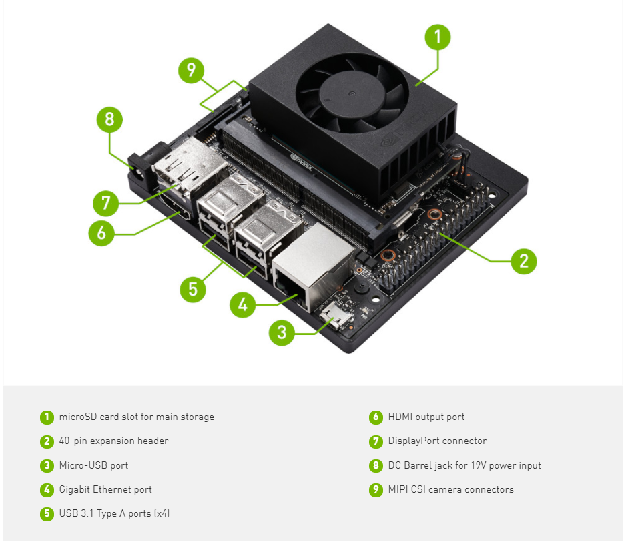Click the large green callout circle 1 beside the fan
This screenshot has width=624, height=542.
[x=438, y=37]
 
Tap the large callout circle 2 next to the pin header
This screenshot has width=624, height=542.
[x=524, y=261]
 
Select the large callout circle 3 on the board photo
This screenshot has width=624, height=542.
[x=282, y=333]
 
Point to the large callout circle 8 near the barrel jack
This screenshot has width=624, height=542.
[x=109, y=120]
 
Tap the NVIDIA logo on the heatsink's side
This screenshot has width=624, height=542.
[x=388, y=141]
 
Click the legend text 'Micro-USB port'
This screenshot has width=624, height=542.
[x=93, y=465]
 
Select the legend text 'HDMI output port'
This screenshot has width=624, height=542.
[x=426, y=417]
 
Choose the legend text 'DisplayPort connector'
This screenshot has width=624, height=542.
[x=437, y=441]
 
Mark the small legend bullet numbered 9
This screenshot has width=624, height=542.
[x=376, y=490]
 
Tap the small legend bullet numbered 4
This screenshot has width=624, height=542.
[x=47, y=490]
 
